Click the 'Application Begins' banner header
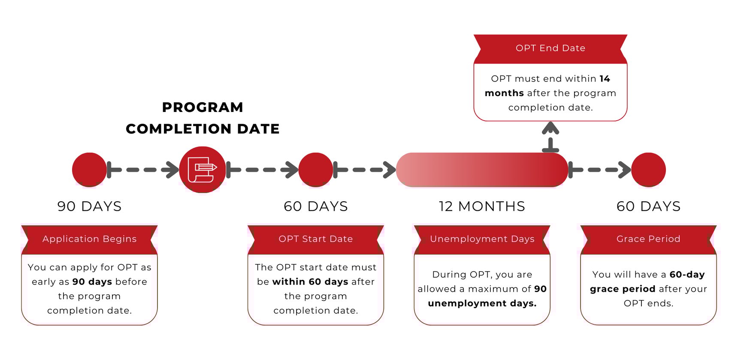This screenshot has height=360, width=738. (89, 239)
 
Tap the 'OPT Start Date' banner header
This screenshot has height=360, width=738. (315, 239)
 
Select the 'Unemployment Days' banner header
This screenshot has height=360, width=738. (482, 239)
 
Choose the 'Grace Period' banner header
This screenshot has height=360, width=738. (648, 239)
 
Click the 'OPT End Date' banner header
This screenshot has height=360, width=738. (550, 48)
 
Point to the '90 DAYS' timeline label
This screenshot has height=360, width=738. (89, 206)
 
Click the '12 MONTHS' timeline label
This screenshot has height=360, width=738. (482, 206)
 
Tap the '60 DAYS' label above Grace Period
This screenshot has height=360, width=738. (648, 206)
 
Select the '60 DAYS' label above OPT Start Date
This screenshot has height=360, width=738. (315, 206)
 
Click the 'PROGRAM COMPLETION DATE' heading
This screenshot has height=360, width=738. (203, 118)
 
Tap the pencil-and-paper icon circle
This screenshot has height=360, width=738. (202, 170)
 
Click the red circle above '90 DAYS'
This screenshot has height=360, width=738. (89, 170)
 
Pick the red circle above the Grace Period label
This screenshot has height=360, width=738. (648, 170)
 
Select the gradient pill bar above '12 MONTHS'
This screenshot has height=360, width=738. (482, 170)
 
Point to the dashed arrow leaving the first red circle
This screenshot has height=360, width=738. (143, 170)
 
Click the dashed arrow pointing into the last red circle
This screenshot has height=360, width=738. (599, 170)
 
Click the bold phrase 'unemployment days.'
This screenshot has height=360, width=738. (482, 303)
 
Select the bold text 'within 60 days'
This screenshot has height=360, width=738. (310, 282)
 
